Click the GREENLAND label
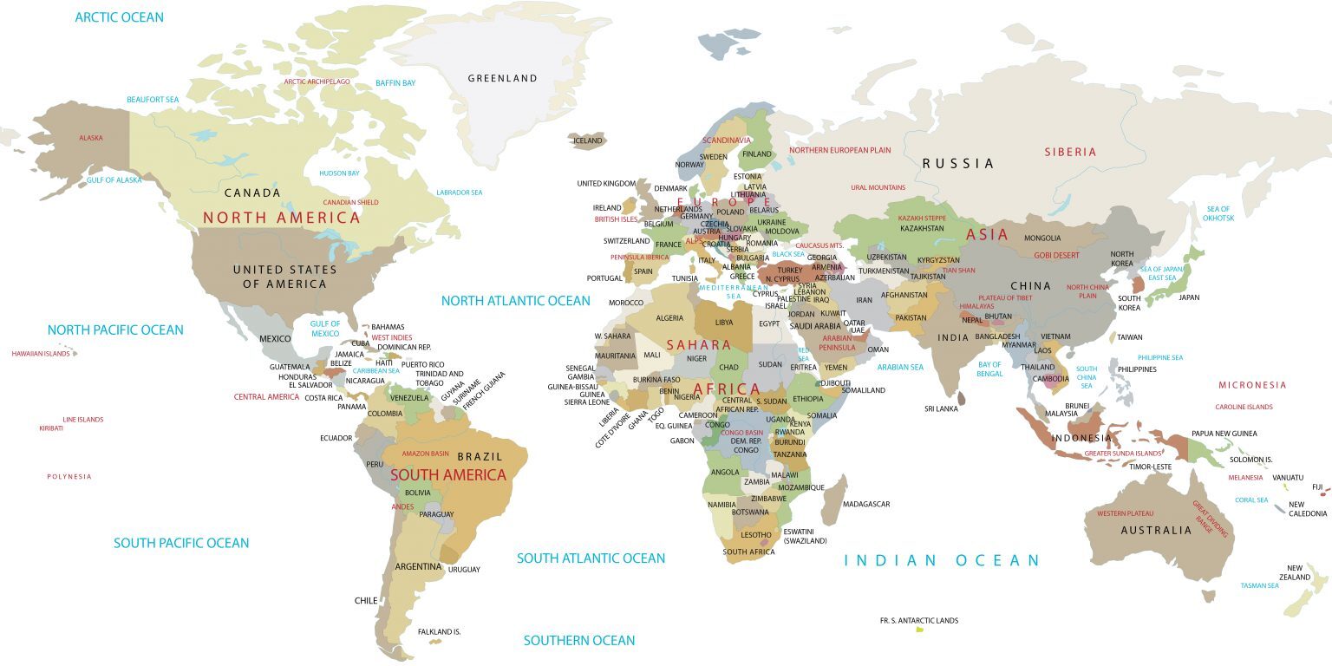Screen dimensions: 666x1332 (x=502, y=78)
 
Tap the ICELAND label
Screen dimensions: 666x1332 (x=587, y=140)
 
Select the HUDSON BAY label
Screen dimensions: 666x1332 (x=339, y=173)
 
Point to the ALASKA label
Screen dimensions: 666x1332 (x=91, y=138)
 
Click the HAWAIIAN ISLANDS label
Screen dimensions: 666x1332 (x=41, y=354)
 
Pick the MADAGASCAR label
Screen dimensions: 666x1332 (x=865, y=504)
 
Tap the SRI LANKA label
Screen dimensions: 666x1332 (x=940, y=408)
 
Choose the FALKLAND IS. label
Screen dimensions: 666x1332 (x=439, y=632)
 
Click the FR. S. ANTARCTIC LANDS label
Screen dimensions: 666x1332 (x=918, y=621)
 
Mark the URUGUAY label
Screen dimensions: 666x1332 (x=463, y=570)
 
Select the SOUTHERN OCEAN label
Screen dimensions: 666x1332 (x=579, y=641)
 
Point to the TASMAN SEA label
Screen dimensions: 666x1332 (x=1259, y=585)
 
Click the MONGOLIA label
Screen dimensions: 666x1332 (x=1042, y=238)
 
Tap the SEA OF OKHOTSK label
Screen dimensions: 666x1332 (x=1218, y=213)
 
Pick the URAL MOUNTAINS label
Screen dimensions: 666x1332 (x=878, y=187)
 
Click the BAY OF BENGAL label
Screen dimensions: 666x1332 (x=989, y=369)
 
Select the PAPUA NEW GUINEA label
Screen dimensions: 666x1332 (x=1224, y=434)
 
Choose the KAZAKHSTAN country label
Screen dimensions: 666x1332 (x=922, y=229)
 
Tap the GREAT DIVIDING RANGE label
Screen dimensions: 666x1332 (x=1203, y=516)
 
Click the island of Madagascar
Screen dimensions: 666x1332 (x=834, y=500)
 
